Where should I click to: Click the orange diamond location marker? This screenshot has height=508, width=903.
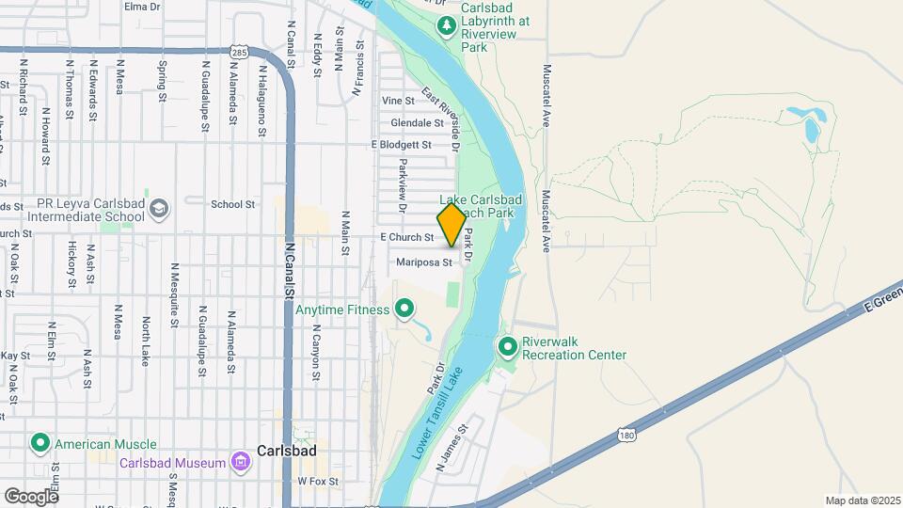coord(451,226)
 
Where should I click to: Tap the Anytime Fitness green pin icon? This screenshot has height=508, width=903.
coord(405,308)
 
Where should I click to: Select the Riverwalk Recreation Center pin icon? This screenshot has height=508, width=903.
coord(508,348)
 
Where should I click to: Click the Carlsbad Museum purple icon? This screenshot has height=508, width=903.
coord(241,462)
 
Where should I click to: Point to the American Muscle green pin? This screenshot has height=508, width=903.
coord(40,442)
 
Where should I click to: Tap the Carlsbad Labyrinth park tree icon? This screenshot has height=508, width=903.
coord(448,25)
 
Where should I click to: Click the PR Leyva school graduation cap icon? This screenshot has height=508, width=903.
coord(159,208)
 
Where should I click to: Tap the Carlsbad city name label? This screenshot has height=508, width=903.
coord(286,451)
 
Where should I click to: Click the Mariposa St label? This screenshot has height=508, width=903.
coord(431,262)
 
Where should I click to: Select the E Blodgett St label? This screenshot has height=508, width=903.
coord(401,145)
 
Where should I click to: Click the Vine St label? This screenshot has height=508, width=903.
coord(399,101)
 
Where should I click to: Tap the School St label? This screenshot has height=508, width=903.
coord(233,203)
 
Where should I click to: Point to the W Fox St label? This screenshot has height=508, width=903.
coord(317,481)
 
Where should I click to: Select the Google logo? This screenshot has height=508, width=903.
coord(30,496)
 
